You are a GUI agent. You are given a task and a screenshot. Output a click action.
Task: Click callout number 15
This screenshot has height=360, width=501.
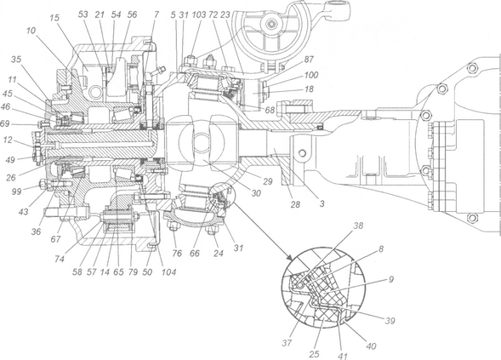(x=55, y=18)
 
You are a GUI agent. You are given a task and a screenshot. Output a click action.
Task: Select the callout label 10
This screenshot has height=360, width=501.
(x=31, y=31)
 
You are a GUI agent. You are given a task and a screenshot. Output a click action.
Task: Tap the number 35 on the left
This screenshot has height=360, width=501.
(x=17, y=60)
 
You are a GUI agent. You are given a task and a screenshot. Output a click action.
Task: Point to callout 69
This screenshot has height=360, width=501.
(x=5, y=123)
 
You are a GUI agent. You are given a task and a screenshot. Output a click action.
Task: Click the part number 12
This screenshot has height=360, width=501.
(x=9, y=140)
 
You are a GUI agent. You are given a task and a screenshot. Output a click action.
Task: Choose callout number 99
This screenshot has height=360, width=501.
(x=17, y=191)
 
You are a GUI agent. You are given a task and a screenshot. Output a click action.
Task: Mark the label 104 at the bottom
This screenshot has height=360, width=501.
(x=168, y=271)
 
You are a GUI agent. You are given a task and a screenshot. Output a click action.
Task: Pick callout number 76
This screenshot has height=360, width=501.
(x=177, y=254)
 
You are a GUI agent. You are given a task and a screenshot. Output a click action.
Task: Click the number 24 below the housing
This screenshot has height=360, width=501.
(x=219, y=254)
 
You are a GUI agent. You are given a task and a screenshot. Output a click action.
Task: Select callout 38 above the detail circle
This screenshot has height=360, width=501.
(x=358, y=226)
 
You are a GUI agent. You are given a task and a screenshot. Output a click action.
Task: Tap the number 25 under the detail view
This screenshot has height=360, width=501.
(x=315, y=354)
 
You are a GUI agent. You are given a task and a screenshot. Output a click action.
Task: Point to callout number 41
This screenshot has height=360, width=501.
(x=342, y=356)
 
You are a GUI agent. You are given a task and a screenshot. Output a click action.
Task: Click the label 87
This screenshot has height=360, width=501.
(x=309, y=60)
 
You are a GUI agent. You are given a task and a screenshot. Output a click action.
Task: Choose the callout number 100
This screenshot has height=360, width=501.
(x=310, y=75)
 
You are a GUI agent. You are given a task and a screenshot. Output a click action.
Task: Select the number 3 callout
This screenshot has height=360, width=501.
(x=322, y=203)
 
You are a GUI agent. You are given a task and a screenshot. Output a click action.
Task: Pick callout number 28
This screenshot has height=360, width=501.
(x=295, y=204)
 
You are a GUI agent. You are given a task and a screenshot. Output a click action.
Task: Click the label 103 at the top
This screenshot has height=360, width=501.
(x=199, y=14)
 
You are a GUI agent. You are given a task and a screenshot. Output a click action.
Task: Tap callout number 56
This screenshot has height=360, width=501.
(x=132, y=14)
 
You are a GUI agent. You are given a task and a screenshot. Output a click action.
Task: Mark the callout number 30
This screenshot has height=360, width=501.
(x=256, y=193)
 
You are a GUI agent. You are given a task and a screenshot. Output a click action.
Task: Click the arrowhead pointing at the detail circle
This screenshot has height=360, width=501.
(x=289, y=257)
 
